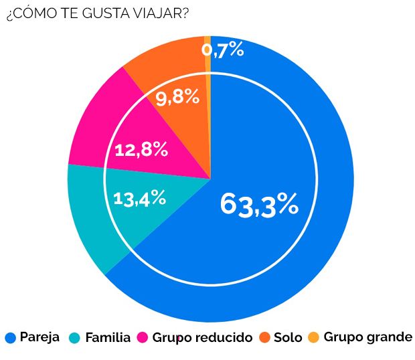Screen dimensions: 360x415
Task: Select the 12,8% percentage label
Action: click(x=141, y=149)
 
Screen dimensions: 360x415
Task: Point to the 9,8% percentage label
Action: click(x=177, y=98)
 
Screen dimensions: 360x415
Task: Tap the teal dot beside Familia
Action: click(x=76, y=338)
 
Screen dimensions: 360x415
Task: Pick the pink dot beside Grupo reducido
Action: click(x=143, y=338)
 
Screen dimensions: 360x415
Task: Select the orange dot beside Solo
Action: click(x=265, y=338)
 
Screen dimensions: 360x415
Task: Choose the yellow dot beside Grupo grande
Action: click(x=315, y=338)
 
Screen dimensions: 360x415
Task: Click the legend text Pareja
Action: click(x=39, y=337)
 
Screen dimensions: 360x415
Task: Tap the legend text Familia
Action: click(x=108, y=337)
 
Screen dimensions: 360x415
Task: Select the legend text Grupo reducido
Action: click(x=202, y=337)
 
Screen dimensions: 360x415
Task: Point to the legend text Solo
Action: click(x=288, y=337)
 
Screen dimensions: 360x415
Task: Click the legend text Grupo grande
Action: click(x=367, y=337)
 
